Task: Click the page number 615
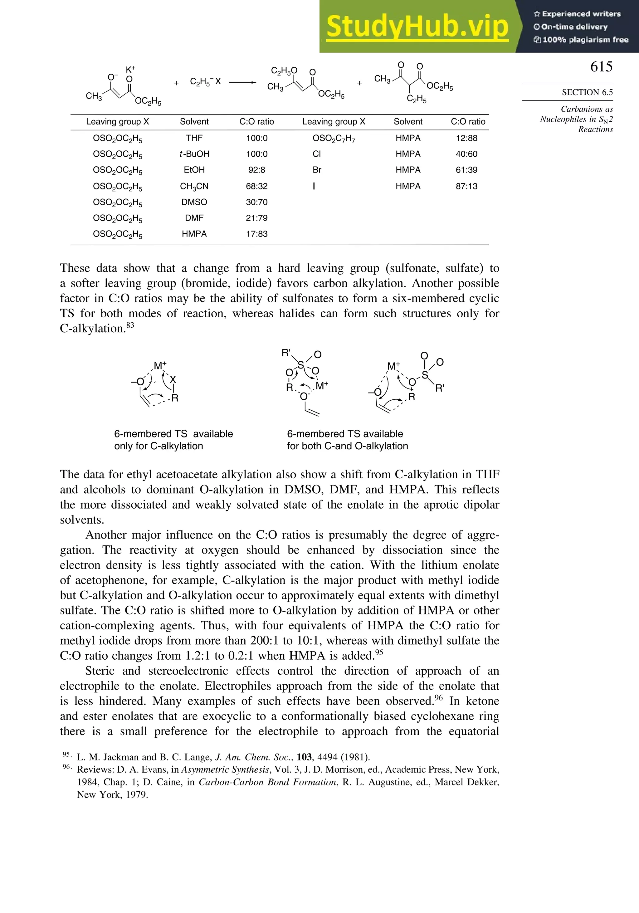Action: [x=601, y=66]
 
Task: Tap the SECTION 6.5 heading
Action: [x=587, y=92]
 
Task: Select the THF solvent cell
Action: [x=194, y=138]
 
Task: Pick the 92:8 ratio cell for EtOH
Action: [x=256, y=170]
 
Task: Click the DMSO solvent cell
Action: [x=194, y=202]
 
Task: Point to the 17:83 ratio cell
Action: [x=256, y=234]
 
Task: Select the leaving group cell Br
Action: [x=317, y=170]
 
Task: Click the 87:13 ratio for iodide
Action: [x=466, y=186]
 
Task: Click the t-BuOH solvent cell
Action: [x=194, y=154]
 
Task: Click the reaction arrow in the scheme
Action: [x=242, y=82]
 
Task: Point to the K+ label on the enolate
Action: [x=130, y=70]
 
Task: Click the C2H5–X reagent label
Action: [x=205, y=82]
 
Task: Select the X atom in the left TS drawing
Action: [x=173, y=380]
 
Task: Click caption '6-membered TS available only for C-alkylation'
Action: [x=173, y=439]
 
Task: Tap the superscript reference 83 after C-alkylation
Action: [x=130, y=325]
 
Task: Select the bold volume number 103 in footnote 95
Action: [x=304, y=757]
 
